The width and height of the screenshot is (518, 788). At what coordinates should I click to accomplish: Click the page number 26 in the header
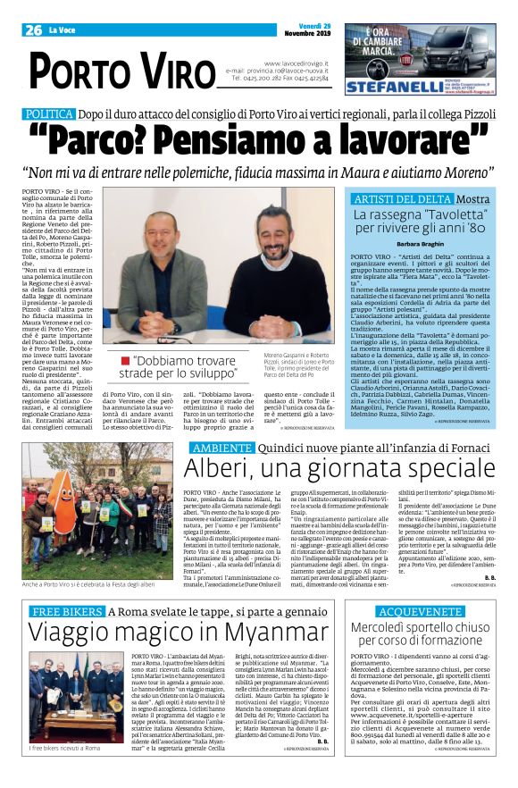coord(35,29)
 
